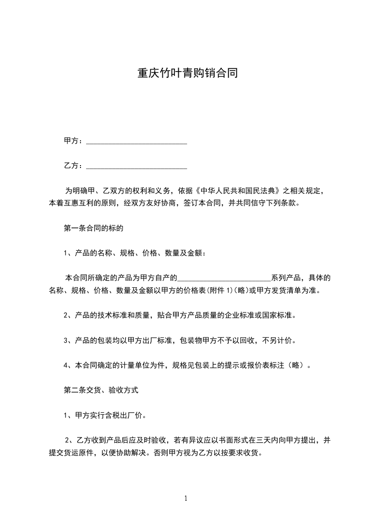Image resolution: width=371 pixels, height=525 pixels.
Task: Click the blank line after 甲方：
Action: (137, 141)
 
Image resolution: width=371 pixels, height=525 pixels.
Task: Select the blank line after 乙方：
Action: (137, 166)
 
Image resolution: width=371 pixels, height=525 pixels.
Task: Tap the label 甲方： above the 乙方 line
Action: (74, 141)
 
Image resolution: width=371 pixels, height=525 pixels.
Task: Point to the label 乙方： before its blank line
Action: (74, 165)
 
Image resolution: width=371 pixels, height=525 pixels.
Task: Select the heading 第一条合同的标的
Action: (93, 229)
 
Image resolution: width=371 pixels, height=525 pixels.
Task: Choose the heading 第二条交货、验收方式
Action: (101, 389)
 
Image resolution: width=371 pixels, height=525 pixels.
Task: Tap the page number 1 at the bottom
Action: (186, 498)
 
